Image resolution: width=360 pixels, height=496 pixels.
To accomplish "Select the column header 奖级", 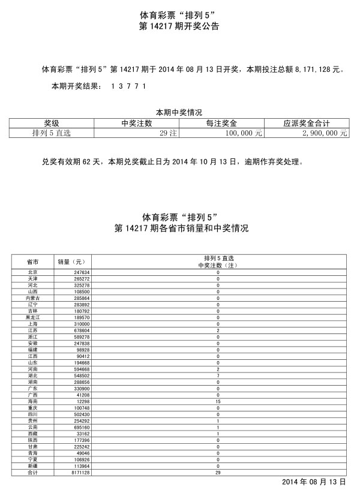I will point(52,124).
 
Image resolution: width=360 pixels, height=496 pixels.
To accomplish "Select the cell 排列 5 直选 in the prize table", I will point(52,134).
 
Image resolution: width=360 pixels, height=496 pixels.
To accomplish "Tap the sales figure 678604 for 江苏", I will point(74,330).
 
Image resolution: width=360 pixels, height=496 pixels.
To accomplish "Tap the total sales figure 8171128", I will point(74,473).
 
